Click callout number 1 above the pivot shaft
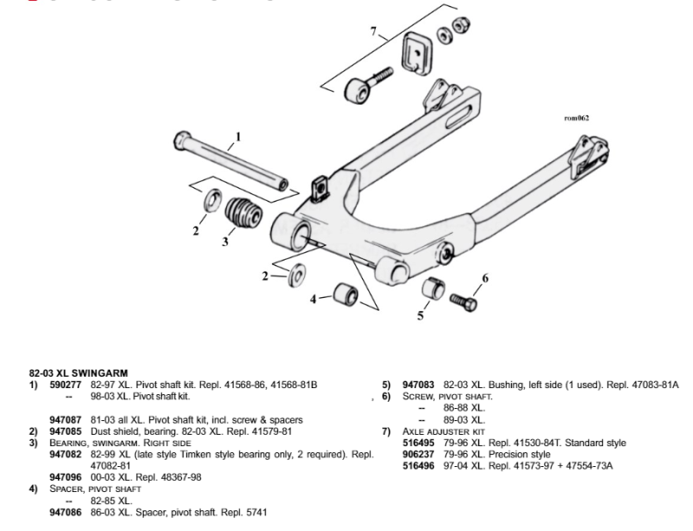click(x=238, y=136)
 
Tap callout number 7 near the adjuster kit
click(x=373, y=32)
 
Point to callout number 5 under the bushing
click(x=421, y=316)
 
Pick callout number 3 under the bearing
click(x=225, y=242)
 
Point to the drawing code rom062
click(x=576, y=118)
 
